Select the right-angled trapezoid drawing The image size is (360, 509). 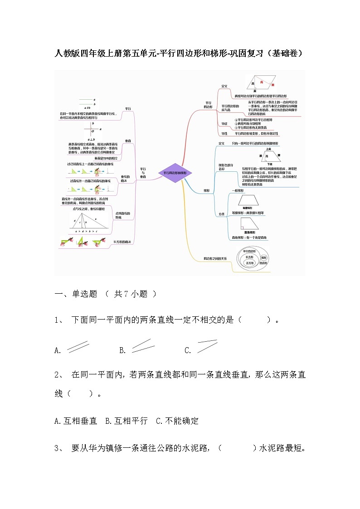coord(249,223)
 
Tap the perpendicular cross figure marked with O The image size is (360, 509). coord(92,130)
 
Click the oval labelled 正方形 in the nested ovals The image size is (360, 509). coord(249,262)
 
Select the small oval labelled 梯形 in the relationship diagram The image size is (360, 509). coord(264,257)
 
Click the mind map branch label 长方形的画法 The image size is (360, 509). coord(122,242)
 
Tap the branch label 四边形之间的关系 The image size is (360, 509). coord(215,258)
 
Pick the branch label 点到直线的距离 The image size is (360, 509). coord(122,215)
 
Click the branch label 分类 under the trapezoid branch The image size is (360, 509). coord(222,214)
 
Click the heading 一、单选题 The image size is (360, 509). coord(76,294)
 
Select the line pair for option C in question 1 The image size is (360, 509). coord(207,346)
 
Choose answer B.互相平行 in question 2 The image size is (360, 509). coord(126,421)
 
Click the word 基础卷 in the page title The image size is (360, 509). coord(284,53)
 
